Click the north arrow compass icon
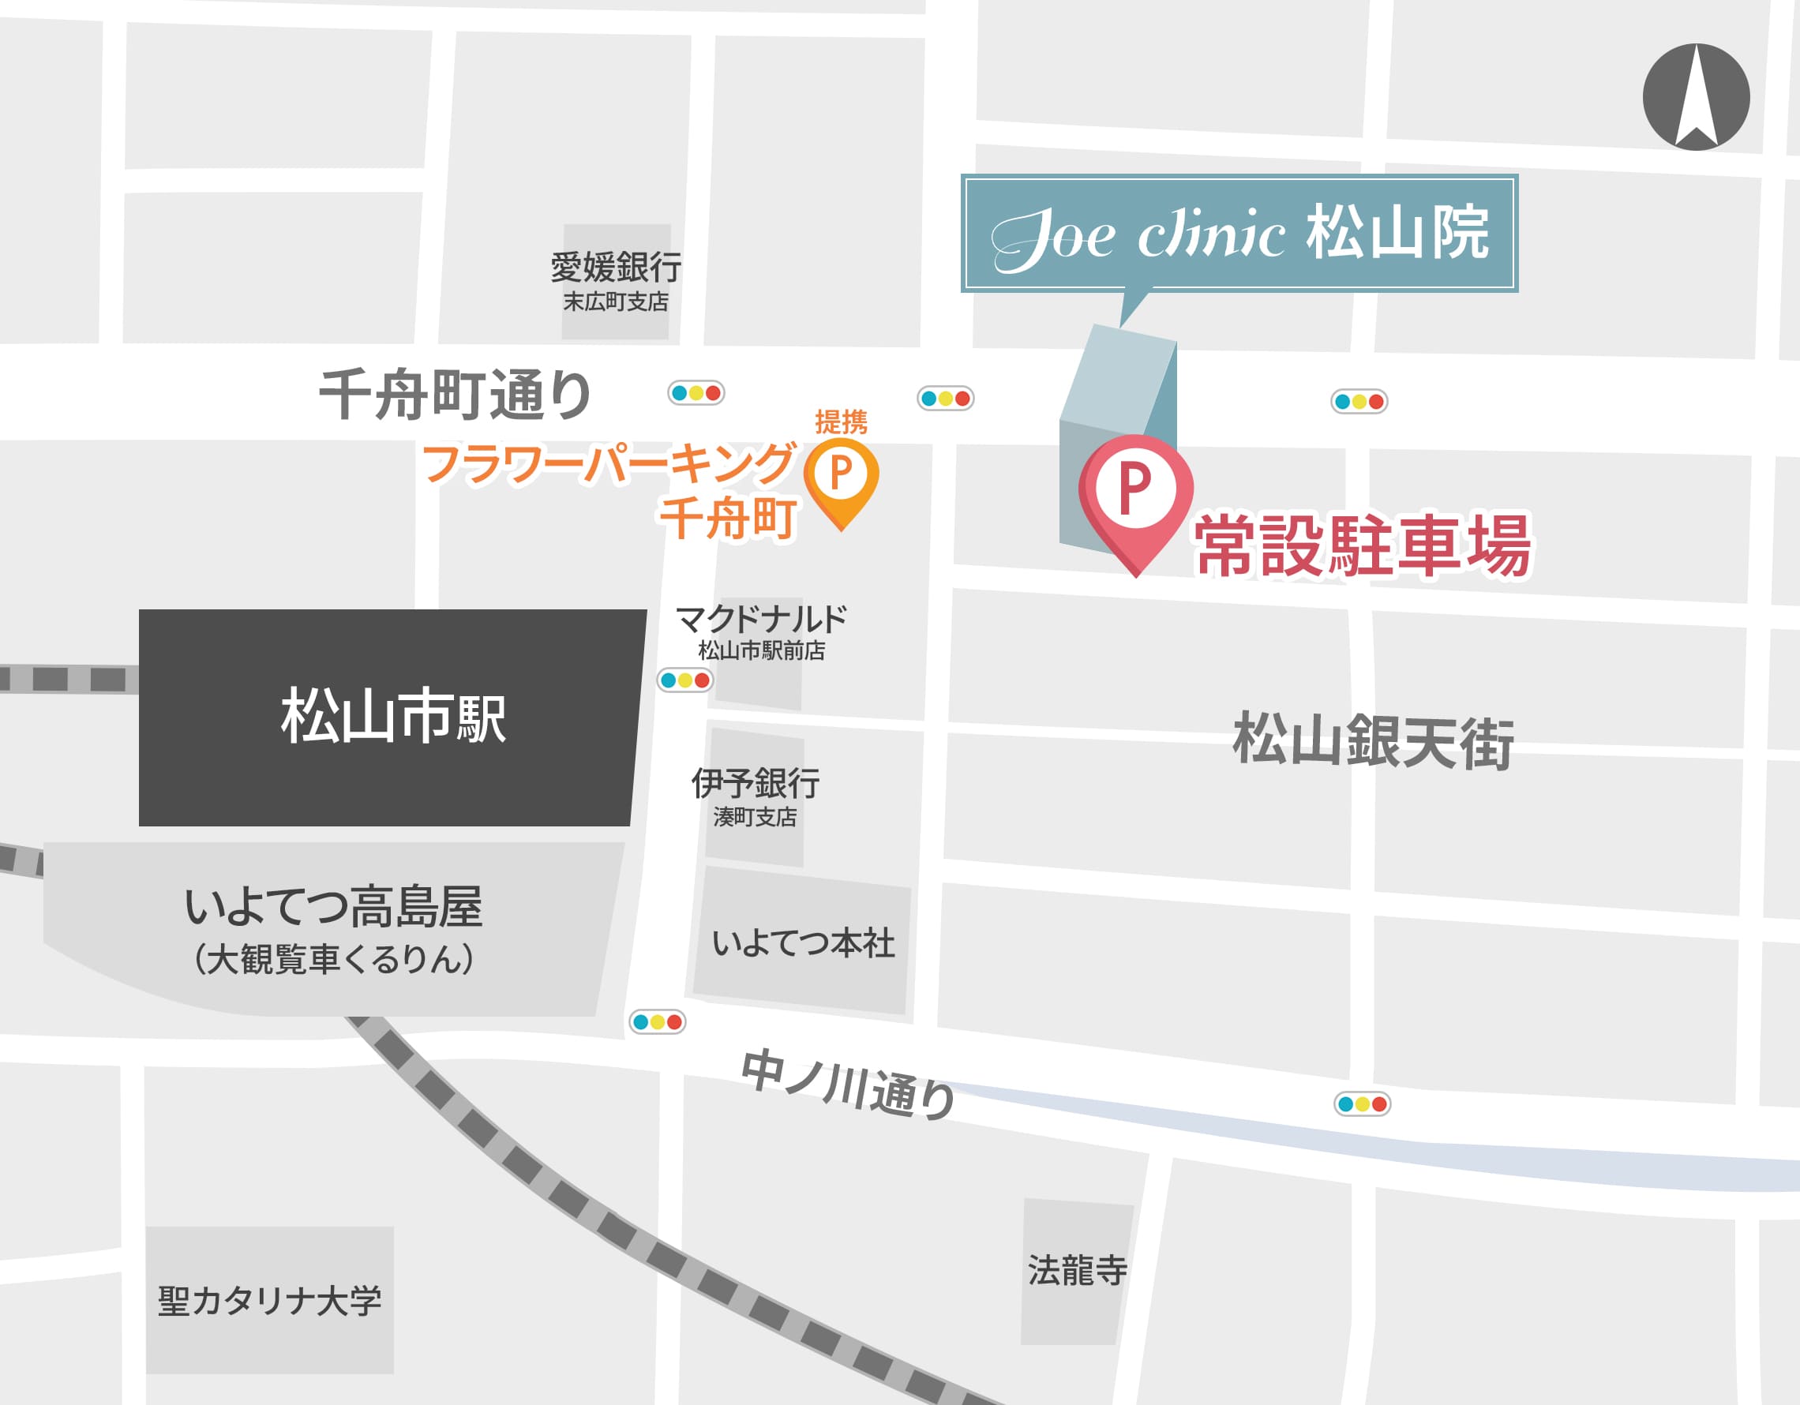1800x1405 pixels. (x=1695, y=97)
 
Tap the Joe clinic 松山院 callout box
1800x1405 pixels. (x=1239, y=233)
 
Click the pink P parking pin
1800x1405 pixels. (x=1135, y=491)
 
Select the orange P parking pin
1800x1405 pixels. (x=841, y=475)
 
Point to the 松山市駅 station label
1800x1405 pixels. (x=393, y=716)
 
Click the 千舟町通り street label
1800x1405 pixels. (x=455, y=395)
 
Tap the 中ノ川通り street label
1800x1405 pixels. (x=848, y=1085)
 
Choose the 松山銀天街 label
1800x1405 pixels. (x=1372, y=741)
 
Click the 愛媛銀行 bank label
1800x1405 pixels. (x=616, y=268)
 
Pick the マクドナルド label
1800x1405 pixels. (x=760, y=619)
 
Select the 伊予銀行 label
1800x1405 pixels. (x=755, y=783)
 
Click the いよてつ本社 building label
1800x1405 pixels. (x=803, y=943)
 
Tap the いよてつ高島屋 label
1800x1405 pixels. (x=333, y=906)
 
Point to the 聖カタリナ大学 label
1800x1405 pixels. (x=269, y=1300)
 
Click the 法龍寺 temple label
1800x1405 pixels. (x=1077, y=1270)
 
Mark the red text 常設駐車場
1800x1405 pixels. (x=1363, y=545)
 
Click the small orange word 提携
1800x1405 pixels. (x=841, y=422)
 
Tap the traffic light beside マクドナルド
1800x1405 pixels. (x=684, y=680)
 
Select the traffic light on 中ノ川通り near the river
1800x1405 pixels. (x=1362, y=1103)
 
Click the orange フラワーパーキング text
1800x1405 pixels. (x=608, y=463)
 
